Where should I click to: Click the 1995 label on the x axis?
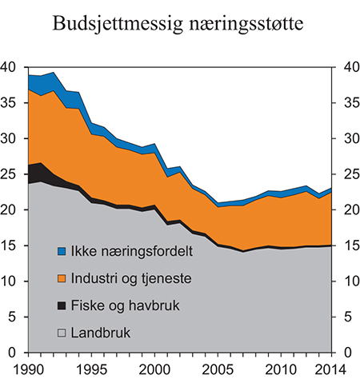93,370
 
